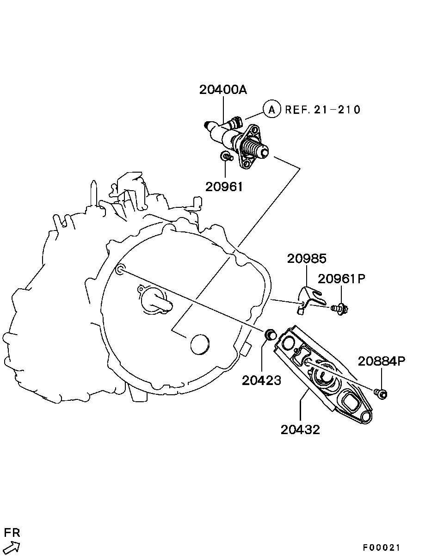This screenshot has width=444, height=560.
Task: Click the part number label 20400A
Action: tap(223, 89)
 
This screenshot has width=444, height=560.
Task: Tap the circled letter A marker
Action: tap(272, 109)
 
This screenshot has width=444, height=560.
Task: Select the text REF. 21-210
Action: tap(322, 110)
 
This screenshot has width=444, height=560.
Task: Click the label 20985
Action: tap(307, 258)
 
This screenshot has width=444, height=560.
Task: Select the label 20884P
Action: tap(382, 361)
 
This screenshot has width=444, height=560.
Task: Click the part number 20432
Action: tap(300, 429)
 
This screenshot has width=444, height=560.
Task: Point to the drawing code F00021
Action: tap(381, 548)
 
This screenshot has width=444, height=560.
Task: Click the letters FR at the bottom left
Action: tap(12, 533)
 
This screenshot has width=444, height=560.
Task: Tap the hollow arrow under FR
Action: tap(12, 548)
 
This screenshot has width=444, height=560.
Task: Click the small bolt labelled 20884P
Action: tap(381, 393)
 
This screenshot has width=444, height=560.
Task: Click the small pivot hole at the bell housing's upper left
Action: tap(120, 269)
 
